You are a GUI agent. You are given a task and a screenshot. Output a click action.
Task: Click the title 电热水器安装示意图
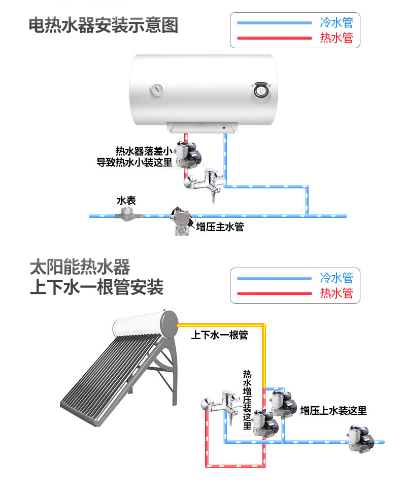pos(104,25)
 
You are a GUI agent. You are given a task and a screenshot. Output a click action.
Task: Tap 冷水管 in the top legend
pos(336,22)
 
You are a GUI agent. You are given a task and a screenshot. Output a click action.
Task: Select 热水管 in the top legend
pos(336,38)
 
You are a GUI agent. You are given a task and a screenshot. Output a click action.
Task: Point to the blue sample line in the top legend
pos(274,23)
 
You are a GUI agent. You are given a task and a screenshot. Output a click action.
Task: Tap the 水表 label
pos(126,201)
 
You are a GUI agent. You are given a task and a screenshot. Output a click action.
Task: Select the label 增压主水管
pos(220,227)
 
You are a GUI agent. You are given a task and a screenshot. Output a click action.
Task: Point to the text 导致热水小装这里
pos(135,163)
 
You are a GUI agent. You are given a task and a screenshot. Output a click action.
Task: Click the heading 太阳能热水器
pos(80,267)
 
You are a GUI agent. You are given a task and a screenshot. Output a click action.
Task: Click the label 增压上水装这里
pos(333,411)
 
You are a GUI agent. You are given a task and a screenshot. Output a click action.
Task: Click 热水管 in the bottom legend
pos(336,293)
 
